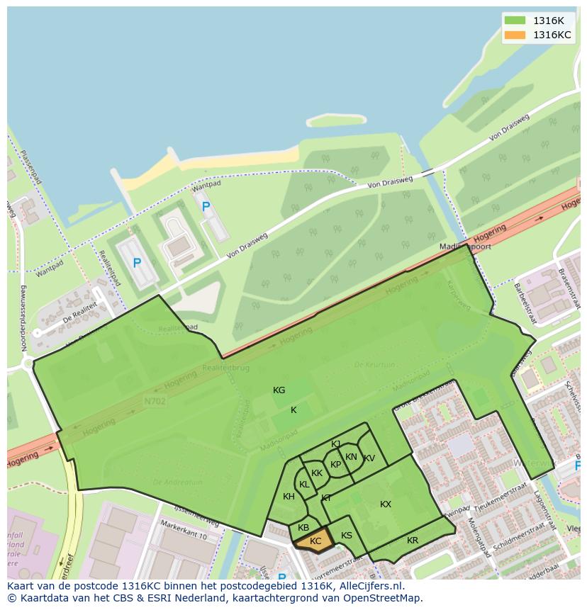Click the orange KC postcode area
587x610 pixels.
[313, 541]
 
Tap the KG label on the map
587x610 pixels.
[279, 390]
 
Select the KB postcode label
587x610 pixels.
[303, 528]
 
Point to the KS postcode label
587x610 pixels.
[347, 536]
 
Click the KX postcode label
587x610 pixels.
[386, 504]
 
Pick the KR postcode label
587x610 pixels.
[413, 541]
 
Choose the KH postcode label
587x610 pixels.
[289, 497]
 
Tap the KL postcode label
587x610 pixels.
[304, 485]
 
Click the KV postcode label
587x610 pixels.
[369, 458]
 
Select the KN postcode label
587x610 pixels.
[351, 457]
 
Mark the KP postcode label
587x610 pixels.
[336, 465]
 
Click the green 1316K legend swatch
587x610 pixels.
[515, 21]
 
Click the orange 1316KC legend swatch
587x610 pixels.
[515, 35]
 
